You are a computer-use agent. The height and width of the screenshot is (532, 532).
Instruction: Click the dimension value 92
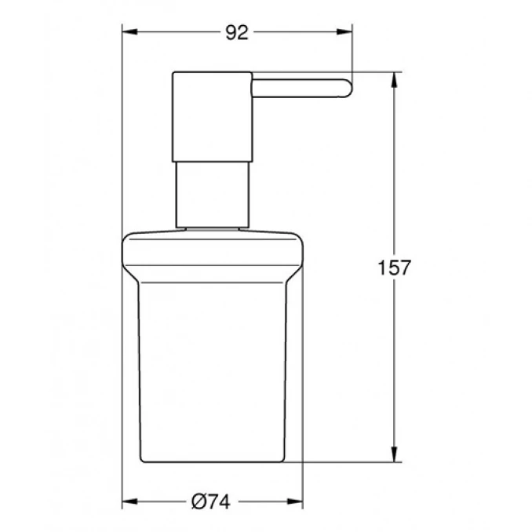(236, 32)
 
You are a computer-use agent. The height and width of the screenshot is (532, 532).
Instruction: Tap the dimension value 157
(395, 268)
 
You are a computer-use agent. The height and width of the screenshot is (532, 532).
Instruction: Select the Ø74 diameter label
(213, 500)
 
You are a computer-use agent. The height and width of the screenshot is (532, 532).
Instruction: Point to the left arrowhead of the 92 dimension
(129, 32)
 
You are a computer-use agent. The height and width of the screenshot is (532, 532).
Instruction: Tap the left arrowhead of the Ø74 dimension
(129, 500)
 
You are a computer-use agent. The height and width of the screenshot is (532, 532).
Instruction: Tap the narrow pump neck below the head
(211, 195)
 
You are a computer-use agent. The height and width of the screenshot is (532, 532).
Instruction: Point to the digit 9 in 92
(231, 32)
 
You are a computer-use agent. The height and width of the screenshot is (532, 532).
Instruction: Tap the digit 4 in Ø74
(228, 500)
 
